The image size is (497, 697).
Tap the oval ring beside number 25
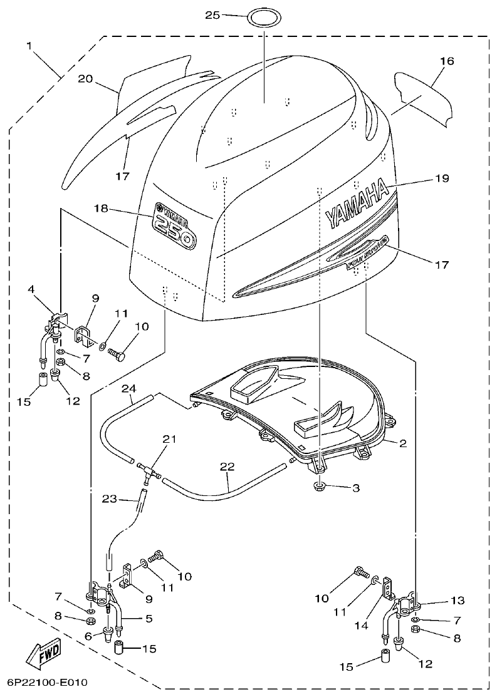click(x=263, y=17)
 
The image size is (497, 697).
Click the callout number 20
click(x=85, y=78)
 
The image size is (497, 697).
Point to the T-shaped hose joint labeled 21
click(x=148, y=469)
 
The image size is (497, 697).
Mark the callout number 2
click(x=403, y=443)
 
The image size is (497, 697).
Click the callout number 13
click(x=458, y=600)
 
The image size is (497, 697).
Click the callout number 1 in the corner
click(x=29, y=46)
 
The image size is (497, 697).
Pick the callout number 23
click(x=110, y=499)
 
